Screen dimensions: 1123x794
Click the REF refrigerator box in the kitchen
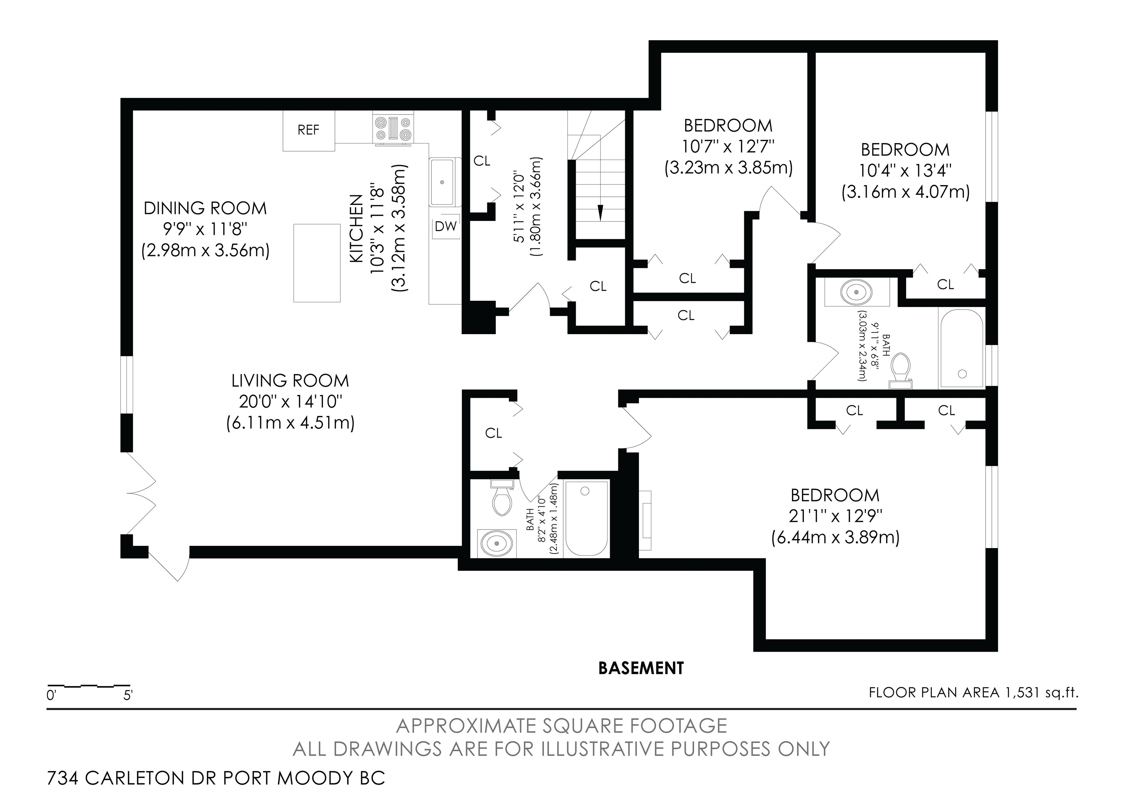coord(309,130)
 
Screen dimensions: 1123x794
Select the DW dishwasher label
coord(446,226)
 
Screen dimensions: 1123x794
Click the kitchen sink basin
coord(442,182)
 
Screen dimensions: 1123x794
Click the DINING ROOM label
coord(205,208)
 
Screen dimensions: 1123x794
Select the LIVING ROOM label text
coord(291,381)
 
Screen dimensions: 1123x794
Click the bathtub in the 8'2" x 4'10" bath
coord(586,518)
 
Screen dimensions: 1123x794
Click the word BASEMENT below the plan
coord(641,668)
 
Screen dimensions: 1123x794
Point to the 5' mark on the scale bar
coord(128,695)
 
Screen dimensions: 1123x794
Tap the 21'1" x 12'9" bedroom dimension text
coord(835,516)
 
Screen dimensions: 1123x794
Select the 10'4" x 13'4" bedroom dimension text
coord(905,171)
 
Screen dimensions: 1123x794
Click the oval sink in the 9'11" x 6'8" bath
coord(856,292)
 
